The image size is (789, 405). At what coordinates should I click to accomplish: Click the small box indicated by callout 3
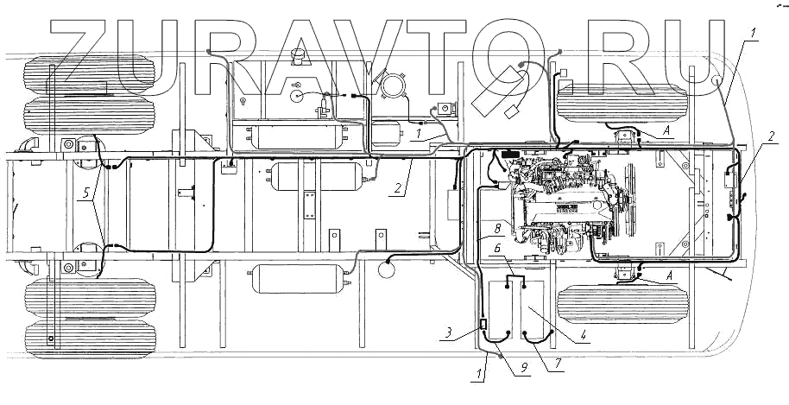(483, 328)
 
